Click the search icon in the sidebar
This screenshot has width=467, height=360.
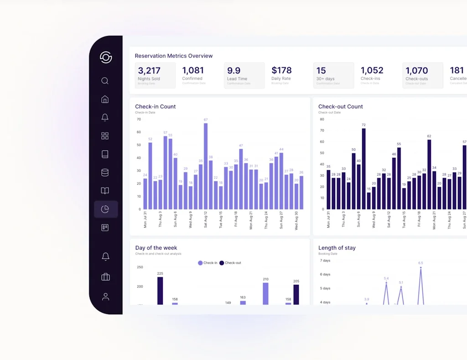(x=105, y=81)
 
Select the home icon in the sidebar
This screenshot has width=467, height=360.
(x=105, y=99)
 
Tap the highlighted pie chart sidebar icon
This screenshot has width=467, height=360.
(x=105, y=209)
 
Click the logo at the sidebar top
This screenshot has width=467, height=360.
(x=106, y=57)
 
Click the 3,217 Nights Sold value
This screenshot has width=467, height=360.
(x=149, y=71)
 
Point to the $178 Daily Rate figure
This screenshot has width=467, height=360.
(x=281, y=71)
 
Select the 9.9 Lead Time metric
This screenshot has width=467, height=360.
(x=233, y=71)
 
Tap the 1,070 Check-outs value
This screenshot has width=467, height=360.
(x=416, y=71)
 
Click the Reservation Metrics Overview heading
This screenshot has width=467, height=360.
(x=174, y=56)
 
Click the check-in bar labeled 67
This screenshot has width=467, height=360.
(x=206, y=167)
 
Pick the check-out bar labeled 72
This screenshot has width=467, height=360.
(x=363, y=169)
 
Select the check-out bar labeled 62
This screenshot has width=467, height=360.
(x=429, y=174)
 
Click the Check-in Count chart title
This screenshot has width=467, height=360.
(x=156, y=106)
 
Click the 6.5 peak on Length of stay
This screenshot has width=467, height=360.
(x=420, y=269)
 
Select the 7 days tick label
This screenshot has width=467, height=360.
(x=325, y=261)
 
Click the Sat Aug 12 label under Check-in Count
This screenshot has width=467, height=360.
(x=206, y=219)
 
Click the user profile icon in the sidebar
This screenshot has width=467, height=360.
(x=105, y=297)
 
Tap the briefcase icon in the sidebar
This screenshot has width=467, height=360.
(x=105, y=277)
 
